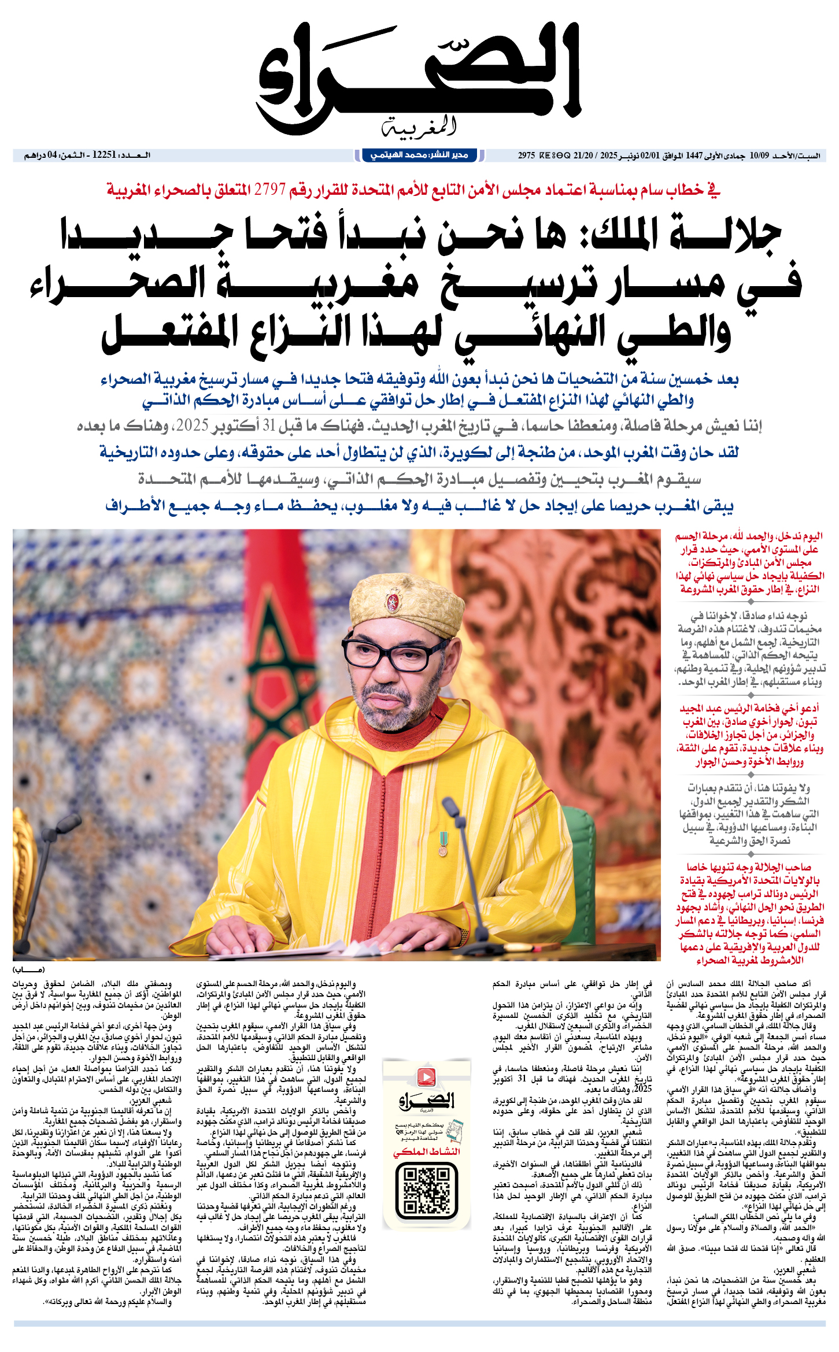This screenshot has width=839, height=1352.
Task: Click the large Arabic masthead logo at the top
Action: [419, 75]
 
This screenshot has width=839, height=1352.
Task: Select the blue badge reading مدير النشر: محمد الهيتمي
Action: [419, 155]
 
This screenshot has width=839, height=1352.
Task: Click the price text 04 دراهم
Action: [40, 155]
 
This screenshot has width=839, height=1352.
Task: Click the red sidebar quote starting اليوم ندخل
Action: [750, 562]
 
